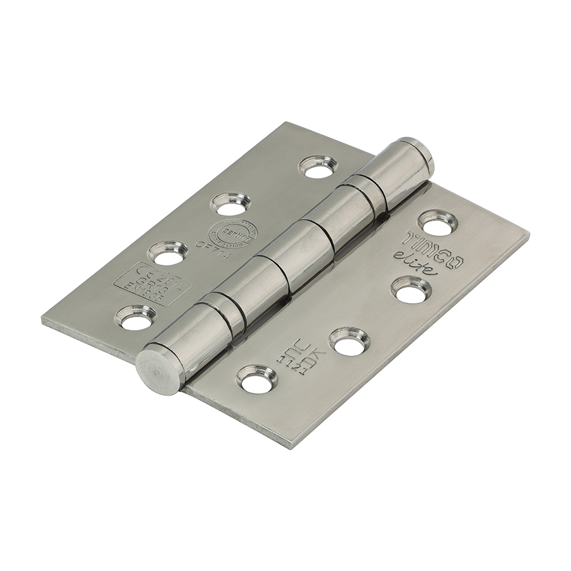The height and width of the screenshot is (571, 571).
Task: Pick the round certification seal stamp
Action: click(232, 234)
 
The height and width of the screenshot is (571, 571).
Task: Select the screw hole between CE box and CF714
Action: click(167, 253)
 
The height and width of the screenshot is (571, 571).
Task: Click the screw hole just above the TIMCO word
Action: click(437, 223)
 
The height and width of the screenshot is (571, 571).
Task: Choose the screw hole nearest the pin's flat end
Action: click(256, 379)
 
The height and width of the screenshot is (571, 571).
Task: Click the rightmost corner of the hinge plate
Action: click(528, 235)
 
